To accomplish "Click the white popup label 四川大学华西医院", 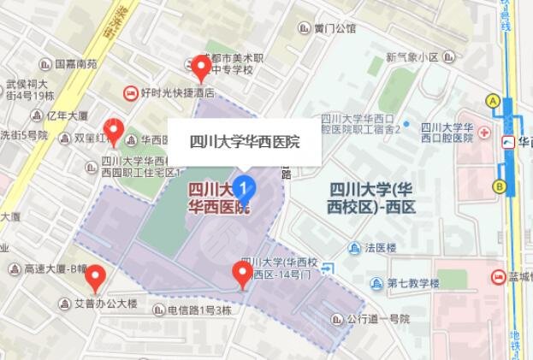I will pyautogui.click(x=244, y=142).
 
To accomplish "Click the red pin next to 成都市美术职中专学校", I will pyautogui.click(x=200, y=67).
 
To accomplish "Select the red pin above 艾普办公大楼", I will pyautogui.click(x=96, y=276).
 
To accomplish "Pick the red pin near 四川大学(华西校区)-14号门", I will pyautogui.click(x=243, y=274).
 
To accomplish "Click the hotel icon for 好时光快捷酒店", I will pyautogui.click(x=131, y=91).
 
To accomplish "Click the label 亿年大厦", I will pyautogui.click(x=67, y=115).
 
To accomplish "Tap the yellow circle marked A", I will pyautogui.click(x=492, y=101).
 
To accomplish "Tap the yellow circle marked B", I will pyautogui.click(x=499, y=186).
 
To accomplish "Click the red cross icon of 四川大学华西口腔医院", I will pyautogui.click(x=484, y=134).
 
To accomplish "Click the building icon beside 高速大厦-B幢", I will pyautogui.click(x=15, y=269).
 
